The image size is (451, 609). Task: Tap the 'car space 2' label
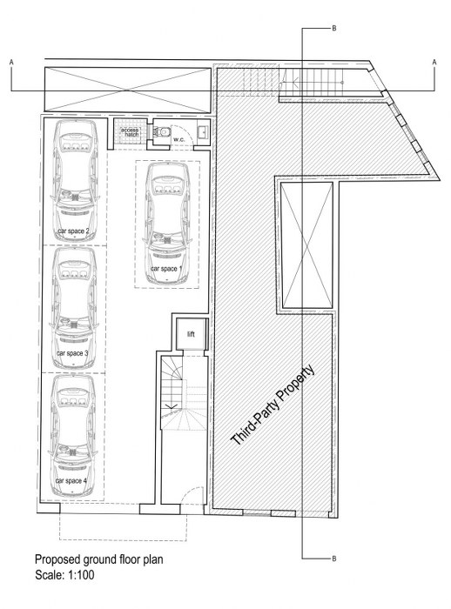coord(73,231)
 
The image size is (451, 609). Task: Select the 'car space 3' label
coord(72,353)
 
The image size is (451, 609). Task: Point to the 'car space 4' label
coord(71,481)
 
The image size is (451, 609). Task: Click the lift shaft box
coord(191,334)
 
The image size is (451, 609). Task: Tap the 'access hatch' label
coord(130,132)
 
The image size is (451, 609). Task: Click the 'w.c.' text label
coord(178,139)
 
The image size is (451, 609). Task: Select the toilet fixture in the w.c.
coord(160,132)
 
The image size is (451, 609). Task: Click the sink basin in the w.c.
coord(203,132)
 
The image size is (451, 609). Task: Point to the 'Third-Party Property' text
coord(273,405)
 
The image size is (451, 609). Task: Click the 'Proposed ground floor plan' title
coord(98,559)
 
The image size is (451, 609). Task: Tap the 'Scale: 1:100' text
coord(64,575)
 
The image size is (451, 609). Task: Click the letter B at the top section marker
coord(334,29)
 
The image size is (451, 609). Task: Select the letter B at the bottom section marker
coord(334,559)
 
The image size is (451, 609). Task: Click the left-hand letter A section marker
coord(11,62)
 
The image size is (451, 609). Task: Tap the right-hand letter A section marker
coord(434,62)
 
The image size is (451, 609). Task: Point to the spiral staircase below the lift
coord(184,393)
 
